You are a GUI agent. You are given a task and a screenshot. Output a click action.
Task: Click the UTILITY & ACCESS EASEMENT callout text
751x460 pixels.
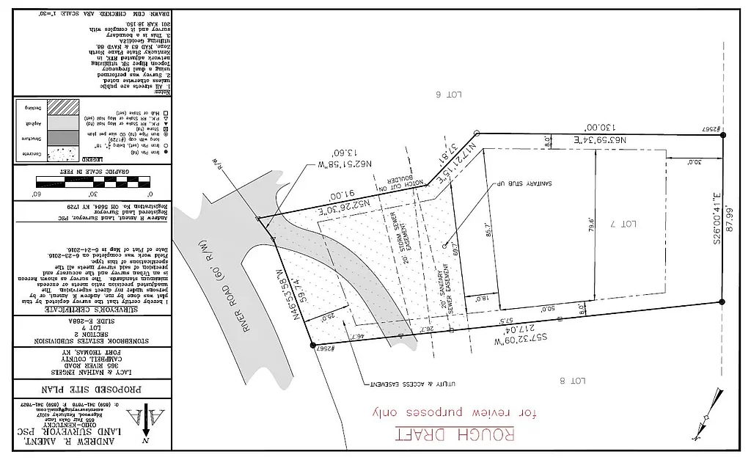(x=400, y=384)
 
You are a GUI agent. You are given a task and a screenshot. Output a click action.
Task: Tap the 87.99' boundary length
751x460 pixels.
(x=729, y=219)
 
